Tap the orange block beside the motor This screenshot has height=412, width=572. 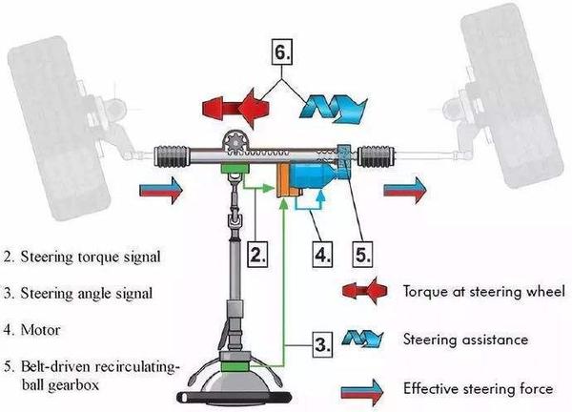[284, 180]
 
